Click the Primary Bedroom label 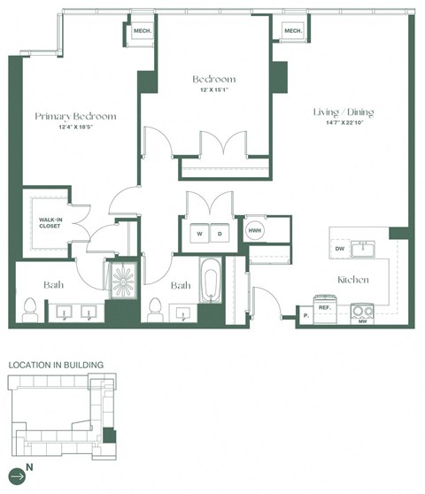75,117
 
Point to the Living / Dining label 344,112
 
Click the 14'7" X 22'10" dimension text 344,125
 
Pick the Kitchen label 352,280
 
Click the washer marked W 199,234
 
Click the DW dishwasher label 339,250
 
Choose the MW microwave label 363,320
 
